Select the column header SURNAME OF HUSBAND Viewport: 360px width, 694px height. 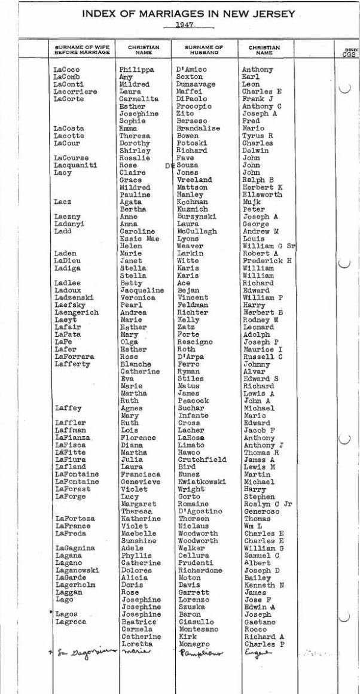pos(203,50)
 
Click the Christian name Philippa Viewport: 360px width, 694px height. pos(136,70)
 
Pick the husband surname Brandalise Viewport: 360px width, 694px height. pos(199,129)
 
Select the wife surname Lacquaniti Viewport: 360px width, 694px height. pos(74,165)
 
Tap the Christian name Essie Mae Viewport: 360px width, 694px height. pos(139,239)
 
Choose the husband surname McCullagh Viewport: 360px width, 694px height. pos(197,232)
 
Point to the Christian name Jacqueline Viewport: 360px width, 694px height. pos(142,290)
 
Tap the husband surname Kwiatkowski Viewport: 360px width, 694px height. pos(203,482)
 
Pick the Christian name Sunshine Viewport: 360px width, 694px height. pos(139,541)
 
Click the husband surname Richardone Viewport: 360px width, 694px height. pos(200,570)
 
